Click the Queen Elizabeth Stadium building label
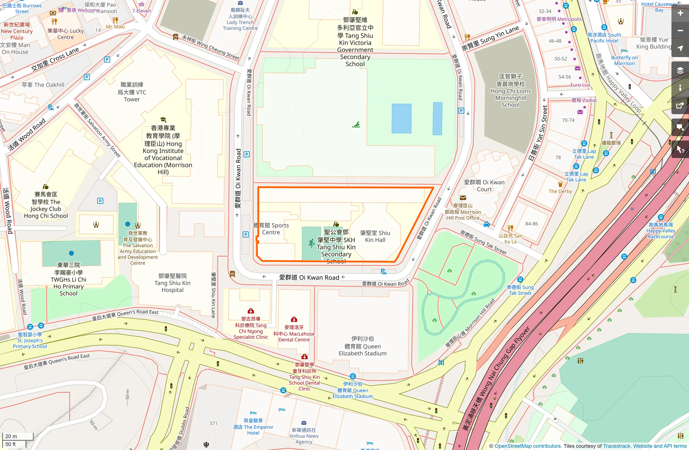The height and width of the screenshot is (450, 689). click(x=362, y=346)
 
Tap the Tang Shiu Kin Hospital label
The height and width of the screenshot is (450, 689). click(x=172, y=283)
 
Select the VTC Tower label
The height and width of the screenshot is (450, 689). click(x=132, y=92)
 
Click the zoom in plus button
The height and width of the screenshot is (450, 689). click(x=680, y=13)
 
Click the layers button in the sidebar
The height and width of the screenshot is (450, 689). click(x=680, y=70)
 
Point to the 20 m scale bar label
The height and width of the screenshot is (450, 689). click(x=11, y=436)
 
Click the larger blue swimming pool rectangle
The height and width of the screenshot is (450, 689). click(x=402, y=118)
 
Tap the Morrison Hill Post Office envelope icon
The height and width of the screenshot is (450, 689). click(x=463, y=198)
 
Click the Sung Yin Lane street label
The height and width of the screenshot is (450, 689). click(x=490, y=38)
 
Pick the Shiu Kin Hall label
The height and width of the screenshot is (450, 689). click(x=375, y=236)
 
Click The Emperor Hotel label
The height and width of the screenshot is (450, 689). click(x=253, y=427)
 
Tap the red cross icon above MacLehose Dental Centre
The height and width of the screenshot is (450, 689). click(x=294, y=319)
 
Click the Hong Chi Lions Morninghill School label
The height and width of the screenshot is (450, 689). click(x=511, y=91)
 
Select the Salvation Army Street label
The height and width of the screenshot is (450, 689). click(x=97, y=130)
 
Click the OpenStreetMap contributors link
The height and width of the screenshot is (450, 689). click(x=527, y=446)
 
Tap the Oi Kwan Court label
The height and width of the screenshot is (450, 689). click(x=484, y=185)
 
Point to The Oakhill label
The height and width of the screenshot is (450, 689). click(x=43, y=85)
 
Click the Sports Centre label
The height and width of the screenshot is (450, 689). click(x=271, y=229)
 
